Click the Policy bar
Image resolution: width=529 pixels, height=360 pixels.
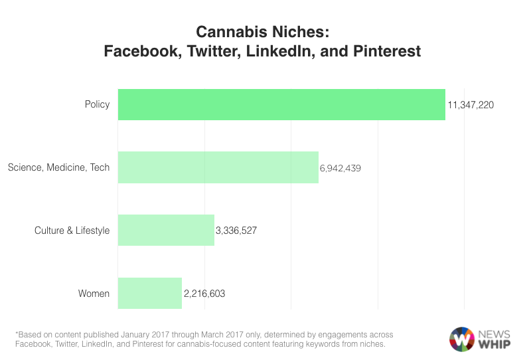click(x=281, y=104)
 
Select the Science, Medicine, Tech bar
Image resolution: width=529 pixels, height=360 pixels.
click(x=218, y=167)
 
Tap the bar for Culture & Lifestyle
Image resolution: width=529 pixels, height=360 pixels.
click(x=166, y=230)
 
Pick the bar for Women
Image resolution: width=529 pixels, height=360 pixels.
click(x=149, y=293)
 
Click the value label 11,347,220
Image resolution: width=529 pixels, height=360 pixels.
click(x=471, y=105)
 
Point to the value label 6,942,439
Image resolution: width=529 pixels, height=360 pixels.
click(x=340, y=168)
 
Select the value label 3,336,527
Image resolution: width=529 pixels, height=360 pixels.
click(x=236, y=231)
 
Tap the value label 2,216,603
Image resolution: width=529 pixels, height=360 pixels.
click(x=203, y=294)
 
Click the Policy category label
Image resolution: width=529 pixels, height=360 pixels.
click(x=97, y=105)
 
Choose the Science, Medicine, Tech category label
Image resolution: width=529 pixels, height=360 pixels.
click(x=58, y=168)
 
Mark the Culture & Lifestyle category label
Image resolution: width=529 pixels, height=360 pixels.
click(x=72, y=231)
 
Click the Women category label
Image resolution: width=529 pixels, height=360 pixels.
click(x=94, y=294)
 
